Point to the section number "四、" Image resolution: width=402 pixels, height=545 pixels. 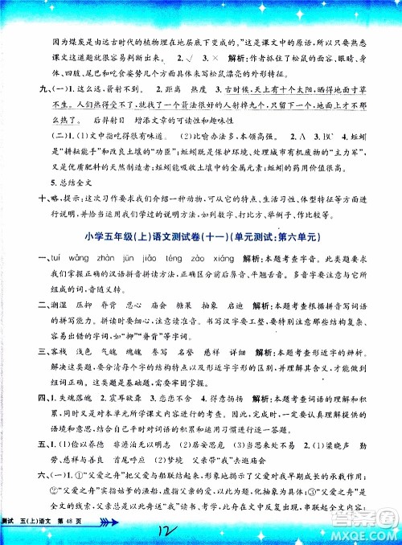point(15,398)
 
